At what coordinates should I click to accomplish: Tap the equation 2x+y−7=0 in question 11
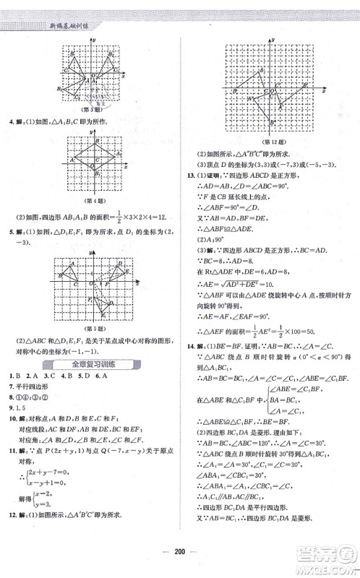click(x=51, y=471)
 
